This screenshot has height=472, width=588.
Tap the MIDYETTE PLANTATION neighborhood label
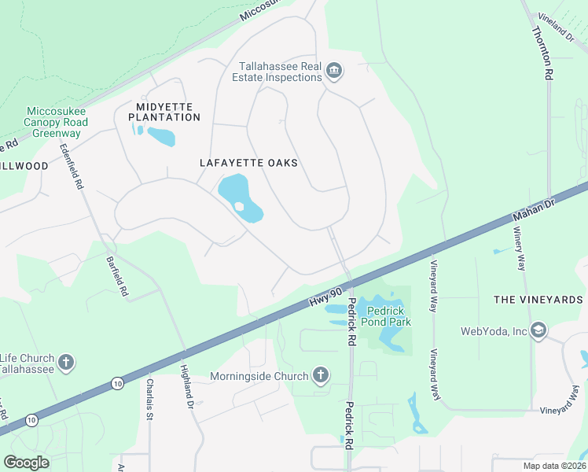tap(157, 112)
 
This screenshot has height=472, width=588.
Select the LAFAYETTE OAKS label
tap(248, 163)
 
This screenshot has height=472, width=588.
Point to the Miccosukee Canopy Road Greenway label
tap(56, 122)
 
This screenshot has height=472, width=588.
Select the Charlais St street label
tap(149, 397)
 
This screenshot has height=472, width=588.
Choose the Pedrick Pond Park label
tap(384, 315)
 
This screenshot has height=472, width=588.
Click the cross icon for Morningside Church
tap(321, 376)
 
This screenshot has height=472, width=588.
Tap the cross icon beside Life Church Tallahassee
tap(67, 363)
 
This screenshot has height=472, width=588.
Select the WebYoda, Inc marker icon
tap(538, 330)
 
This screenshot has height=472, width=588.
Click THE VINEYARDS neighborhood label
tap(538, 300)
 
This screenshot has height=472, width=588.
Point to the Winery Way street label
tap(519, 249)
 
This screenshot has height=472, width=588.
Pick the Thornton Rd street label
tap(542, 53)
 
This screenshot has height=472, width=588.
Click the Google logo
tap(26, 462)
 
